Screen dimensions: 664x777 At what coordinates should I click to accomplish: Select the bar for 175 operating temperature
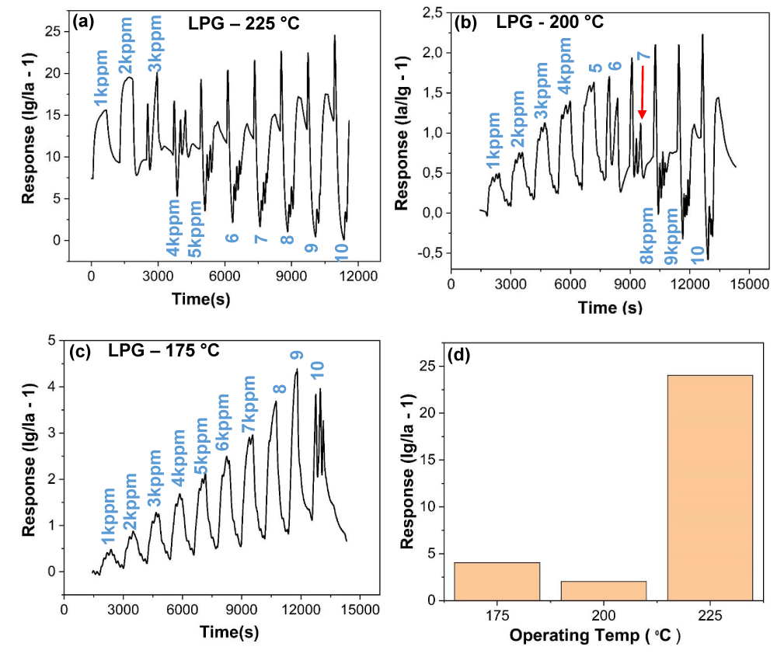497,581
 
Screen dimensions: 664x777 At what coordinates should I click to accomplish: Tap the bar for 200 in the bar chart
604,590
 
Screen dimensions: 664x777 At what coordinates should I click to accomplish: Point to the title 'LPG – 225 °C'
244,23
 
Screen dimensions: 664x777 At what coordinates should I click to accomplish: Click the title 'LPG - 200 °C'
549,22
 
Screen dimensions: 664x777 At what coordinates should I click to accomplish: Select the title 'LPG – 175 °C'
163,350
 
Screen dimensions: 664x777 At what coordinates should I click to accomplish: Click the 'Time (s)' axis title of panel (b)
610,308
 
